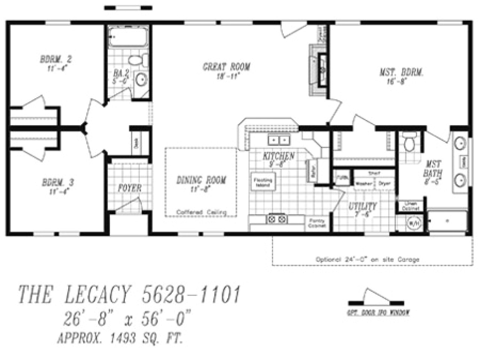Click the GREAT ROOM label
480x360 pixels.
226,67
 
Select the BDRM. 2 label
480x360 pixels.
56,60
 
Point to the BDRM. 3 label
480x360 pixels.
57,183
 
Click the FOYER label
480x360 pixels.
130,188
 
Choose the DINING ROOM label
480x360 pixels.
201,181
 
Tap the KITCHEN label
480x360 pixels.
279,156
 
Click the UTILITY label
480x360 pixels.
362,207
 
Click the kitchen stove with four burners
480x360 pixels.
277,219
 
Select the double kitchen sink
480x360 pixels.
279,141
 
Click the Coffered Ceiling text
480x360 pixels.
201,213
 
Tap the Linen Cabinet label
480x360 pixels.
410,206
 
